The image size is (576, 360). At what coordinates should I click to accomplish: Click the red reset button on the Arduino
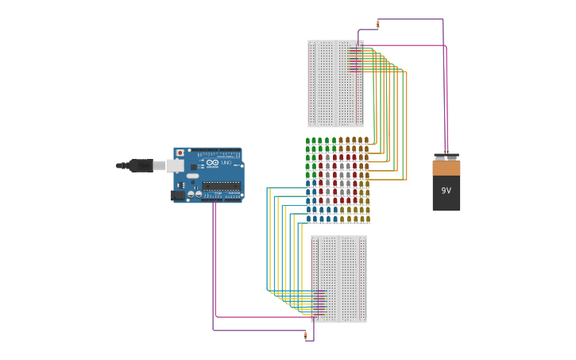coord(180,153)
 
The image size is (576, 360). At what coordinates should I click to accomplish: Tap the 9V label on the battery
coord(446,191)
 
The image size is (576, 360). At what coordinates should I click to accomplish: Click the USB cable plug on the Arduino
coord(141,165)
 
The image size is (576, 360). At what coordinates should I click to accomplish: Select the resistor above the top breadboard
coord(378,25)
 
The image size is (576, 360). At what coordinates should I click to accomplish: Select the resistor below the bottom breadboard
coord(305,335)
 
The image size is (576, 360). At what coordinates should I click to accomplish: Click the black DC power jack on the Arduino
coord(178,195)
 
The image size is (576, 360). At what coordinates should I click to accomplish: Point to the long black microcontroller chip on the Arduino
coord(221,186)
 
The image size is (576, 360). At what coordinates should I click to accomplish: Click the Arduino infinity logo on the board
coord(212,162)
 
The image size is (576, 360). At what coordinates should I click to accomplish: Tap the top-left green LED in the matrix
coord(308,141)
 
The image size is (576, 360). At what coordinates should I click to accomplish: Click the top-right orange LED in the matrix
coord(365,141)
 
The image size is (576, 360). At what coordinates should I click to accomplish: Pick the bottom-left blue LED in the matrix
coord(308,219)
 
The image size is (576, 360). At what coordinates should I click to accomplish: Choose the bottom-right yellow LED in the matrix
coord(365,219)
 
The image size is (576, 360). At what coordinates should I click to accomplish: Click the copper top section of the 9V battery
coord(446,168)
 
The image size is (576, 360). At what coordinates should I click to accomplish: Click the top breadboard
coord(335,83)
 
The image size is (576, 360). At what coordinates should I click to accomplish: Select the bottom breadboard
coord(338,278)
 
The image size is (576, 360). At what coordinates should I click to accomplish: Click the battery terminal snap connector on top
coord(446,157)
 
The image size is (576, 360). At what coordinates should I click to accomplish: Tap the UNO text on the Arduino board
coord(226,162)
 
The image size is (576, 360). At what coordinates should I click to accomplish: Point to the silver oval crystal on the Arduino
coord(193,176)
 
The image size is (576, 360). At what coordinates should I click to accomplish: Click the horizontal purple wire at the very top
coord(409,19)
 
